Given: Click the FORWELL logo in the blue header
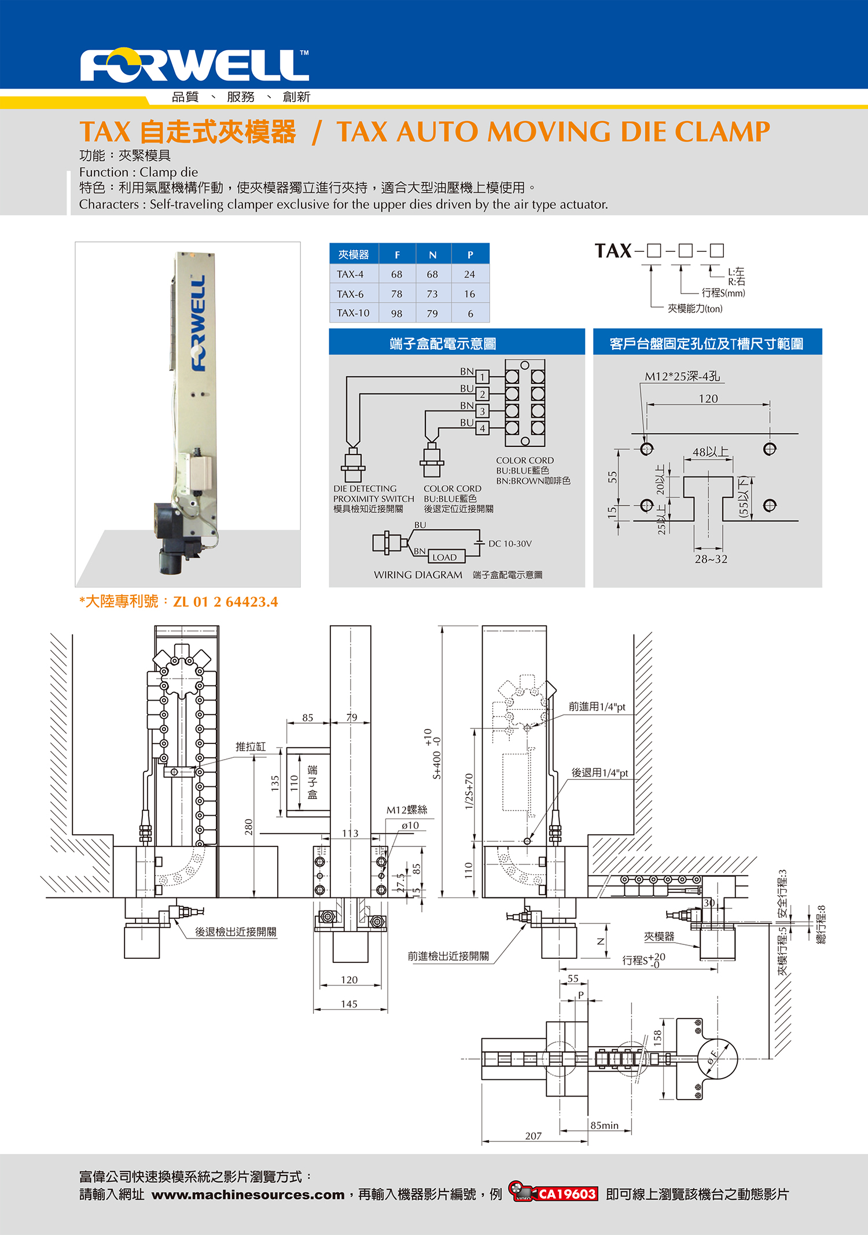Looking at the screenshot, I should click(194, 65).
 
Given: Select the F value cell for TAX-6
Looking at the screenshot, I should click(396, 294).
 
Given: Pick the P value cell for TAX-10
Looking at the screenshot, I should click(470, 314).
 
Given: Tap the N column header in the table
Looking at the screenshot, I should click(433, 255).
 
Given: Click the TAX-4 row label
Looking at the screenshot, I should click(350, 274).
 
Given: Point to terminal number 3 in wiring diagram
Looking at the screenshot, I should click(482, 412).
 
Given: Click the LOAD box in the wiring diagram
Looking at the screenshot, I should click(444, 558).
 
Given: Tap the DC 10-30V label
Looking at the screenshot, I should click(510, 544).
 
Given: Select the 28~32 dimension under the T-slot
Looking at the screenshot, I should click(711, 559).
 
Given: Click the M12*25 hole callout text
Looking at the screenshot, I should click(682, 376).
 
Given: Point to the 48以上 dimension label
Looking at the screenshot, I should click(710, 452).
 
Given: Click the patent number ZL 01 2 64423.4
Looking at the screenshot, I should click(226, 602).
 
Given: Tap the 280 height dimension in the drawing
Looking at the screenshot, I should click(249, 826).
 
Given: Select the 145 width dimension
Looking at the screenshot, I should click(349, 1004).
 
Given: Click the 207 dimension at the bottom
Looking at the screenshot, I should click(533, 1136).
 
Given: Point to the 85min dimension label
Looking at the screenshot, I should click(604, 1126).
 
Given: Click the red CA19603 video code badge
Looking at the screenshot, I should click(567, 1194).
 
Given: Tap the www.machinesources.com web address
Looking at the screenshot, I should click(248, 1195).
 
